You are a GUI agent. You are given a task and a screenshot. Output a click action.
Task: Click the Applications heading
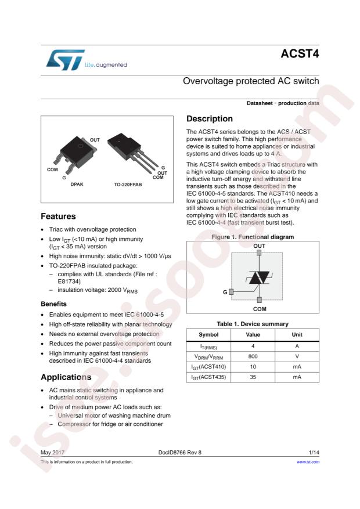[x=66, y=377]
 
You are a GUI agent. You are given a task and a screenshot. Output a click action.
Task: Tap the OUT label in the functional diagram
[x=260, y=246]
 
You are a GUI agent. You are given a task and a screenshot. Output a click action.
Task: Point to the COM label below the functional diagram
[x=260, y=310]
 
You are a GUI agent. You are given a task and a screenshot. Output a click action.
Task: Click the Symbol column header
[x=208, y=335]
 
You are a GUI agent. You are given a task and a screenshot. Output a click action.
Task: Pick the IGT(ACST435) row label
[x=208, y=377]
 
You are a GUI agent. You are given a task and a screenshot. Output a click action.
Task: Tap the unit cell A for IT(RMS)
[x=297, y=346]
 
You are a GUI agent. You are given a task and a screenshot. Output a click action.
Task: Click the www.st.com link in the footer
[x=308, y=462]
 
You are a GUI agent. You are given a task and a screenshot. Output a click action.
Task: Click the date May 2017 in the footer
[x=53, y=452]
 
